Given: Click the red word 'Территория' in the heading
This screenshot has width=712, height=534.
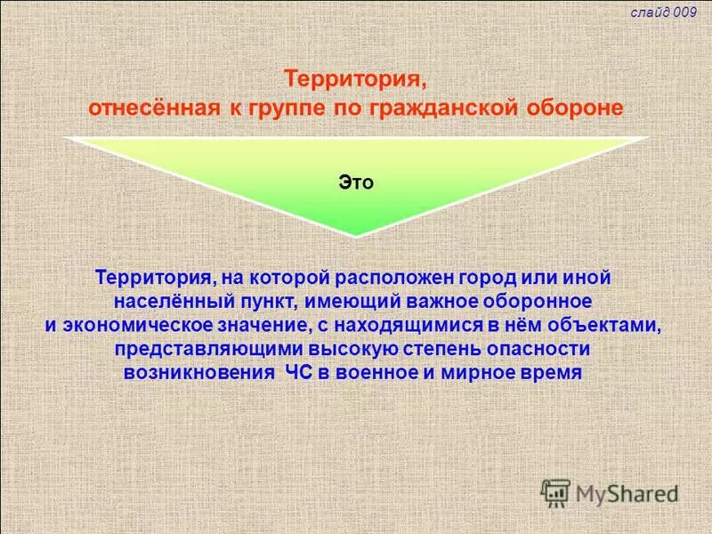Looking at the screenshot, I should (355, 79).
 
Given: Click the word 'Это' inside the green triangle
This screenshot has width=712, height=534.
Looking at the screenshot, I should (355, 182).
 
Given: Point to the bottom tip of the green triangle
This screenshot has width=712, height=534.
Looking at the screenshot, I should (355, 235).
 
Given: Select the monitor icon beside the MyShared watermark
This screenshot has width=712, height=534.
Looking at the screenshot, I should (555, 491).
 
